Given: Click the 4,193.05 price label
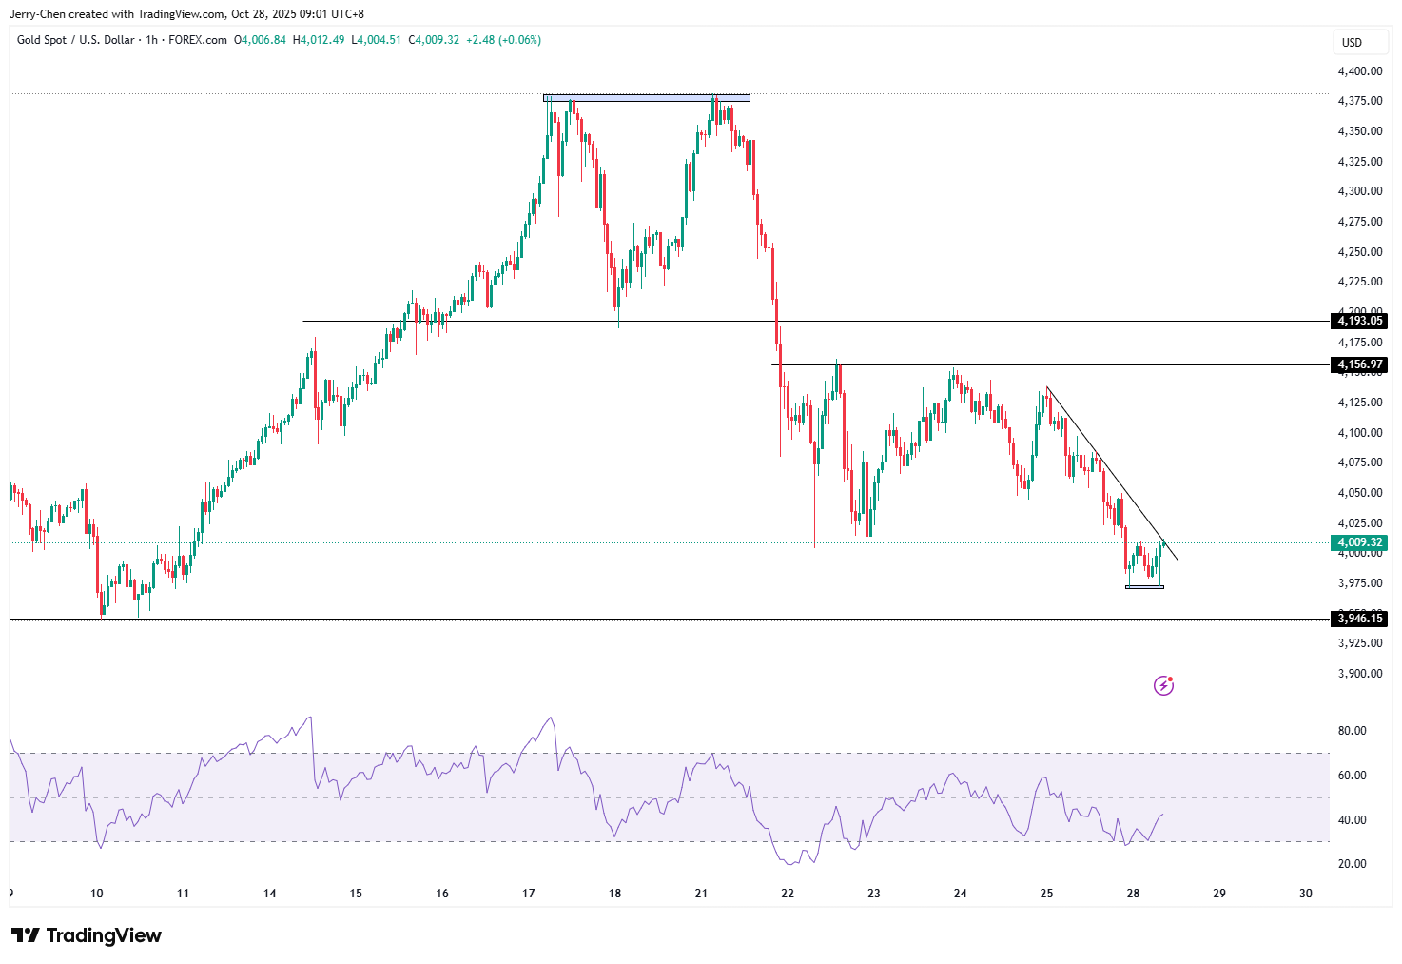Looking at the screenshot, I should [1360, 321].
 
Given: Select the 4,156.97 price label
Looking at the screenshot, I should [1360, 364].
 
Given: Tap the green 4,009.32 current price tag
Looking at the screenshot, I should [1360, 542].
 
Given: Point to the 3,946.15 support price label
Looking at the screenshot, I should [1360, 619].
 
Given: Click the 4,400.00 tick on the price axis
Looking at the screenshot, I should [1359, 71].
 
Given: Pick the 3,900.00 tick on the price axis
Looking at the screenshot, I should [1359, 674].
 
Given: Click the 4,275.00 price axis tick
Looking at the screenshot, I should [1359, 222].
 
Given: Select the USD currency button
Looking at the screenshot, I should [1352, 42].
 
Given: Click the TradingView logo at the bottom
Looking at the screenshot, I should [87, 935].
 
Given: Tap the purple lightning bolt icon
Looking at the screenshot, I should [1163, 685].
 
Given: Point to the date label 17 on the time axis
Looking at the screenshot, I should [529, 894].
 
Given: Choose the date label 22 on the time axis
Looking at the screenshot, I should [788, 894].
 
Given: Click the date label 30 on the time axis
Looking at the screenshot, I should [1306, 894].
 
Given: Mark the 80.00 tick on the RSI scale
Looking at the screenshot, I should [1352, 731].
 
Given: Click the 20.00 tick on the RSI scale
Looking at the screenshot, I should [1352, 864].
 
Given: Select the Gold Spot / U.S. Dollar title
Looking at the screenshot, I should [75, 40].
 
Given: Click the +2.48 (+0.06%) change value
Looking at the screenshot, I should [503, 40].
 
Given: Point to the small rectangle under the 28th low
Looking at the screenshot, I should [1144, 586].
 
